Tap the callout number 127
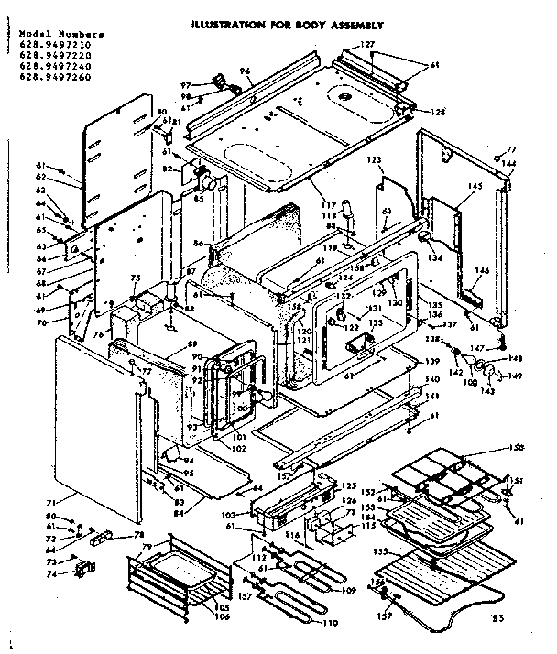click(x=367, y=45)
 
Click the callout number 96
click(x=245, y=71)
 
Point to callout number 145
click(x=475, y=187)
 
